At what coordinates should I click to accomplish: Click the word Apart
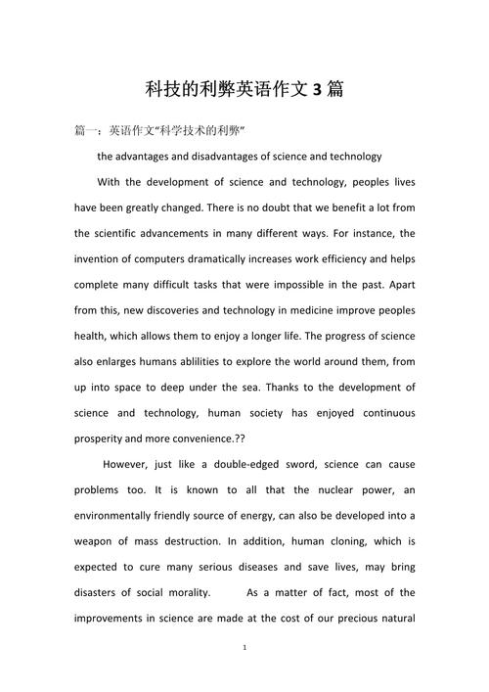(x=400, y=285)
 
